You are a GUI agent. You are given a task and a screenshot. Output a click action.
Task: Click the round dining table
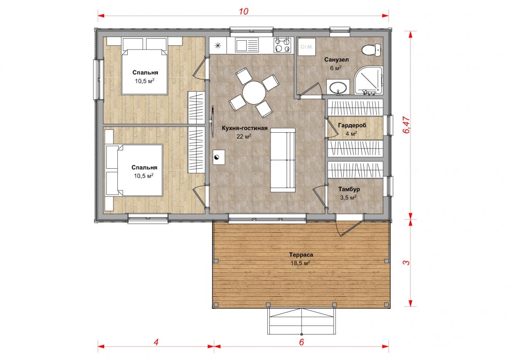tap(254, 92)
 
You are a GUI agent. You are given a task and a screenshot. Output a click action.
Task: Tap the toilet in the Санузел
tap(371, 50)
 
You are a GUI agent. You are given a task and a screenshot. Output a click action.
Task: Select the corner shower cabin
tap(368, 80)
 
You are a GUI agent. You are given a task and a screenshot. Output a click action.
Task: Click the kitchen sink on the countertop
tap(247, 45)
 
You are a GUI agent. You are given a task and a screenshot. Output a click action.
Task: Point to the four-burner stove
tap(282, 45)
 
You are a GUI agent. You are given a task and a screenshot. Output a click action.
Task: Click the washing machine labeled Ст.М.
tap(307, 47)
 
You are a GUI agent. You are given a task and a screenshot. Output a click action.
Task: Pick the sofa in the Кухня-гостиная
tap(283, 160)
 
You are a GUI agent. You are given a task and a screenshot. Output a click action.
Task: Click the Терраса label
tap(301, 255)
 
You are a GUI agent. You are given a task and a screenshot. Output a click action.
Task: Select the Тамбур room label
tap(349, 189)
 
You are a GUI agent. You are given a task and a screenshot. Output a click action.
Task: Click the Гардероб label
tap(352, 125)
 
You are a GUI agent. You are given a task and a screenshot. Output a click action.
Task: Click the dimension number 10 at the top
tap(244, 11)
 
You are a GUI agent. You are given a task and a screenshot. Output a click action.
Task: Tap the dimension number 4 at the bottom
tap(156, 342)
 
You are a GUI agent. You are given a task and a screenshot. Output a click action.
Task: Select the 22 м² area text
tap(244, 136)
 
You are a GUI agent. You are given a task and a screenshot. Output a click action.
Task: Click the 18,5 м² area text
tap(300, 263)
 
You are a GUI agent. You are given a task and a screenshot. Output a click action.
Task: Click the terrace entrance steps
tap(301, 321)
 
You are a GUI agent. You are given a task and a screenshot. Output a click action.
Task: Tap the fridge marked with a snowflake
tap(218, 45)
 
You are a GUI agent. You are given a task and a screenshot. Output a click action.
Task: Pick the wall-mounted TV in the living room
tap(213, 121)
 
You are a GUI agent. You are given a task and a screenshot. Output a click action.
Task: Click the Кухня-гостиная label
tap(244, 128)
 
